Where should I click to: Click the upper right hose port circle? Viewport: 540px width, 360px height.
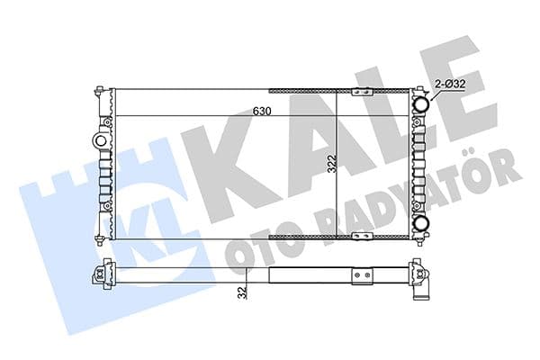[x=420, y=104]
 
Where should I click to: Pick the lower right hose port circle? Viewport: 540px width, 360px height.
[x=420, y=223]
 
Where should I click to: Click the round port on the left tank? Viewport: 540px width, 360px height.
[x=98, y=141]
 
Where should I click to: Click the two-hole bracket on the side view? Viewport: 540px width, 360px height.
[x=362, y=274]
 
